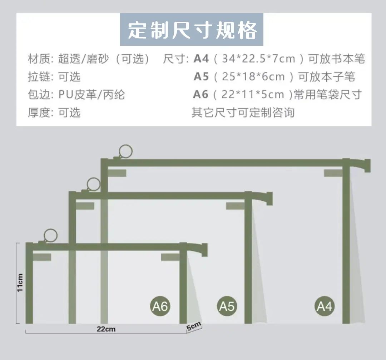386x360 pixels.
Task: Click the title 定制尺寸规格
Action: (x=192, y=30)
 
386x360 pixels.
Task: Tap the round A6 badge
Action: (x=160, y=306)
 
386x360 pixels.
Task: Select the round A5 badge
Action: (x=227, y=306)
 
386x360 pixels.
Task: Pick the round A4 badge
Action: (x=325, y=306)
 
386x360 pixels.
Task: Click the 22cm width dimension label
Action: (x=106, y=329)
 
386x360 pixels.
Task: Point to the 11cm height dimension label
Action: (x=20, y=283)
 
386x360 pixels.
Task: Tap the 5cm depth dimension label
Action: (x=194, y=326)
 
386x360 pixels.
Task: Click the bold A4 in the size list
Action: (x=201, y=59)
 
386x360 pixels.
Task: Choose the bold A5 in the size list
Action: (x=201, y=76)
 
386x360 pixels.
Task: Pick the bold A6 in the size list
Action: (x=201, y=95)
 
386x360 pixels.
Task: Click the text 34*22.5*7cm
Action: (x=258, y=59)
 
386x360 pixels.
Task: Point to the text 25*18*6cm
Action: (x=253, y=76)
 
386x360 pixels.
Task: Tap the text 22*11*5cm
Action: (x=253, y=95)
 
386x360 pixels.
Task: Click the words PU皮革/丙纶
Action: (x=91, y=95)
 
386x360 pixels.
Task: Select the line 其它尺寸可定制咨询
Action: (x=243, y=112)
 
